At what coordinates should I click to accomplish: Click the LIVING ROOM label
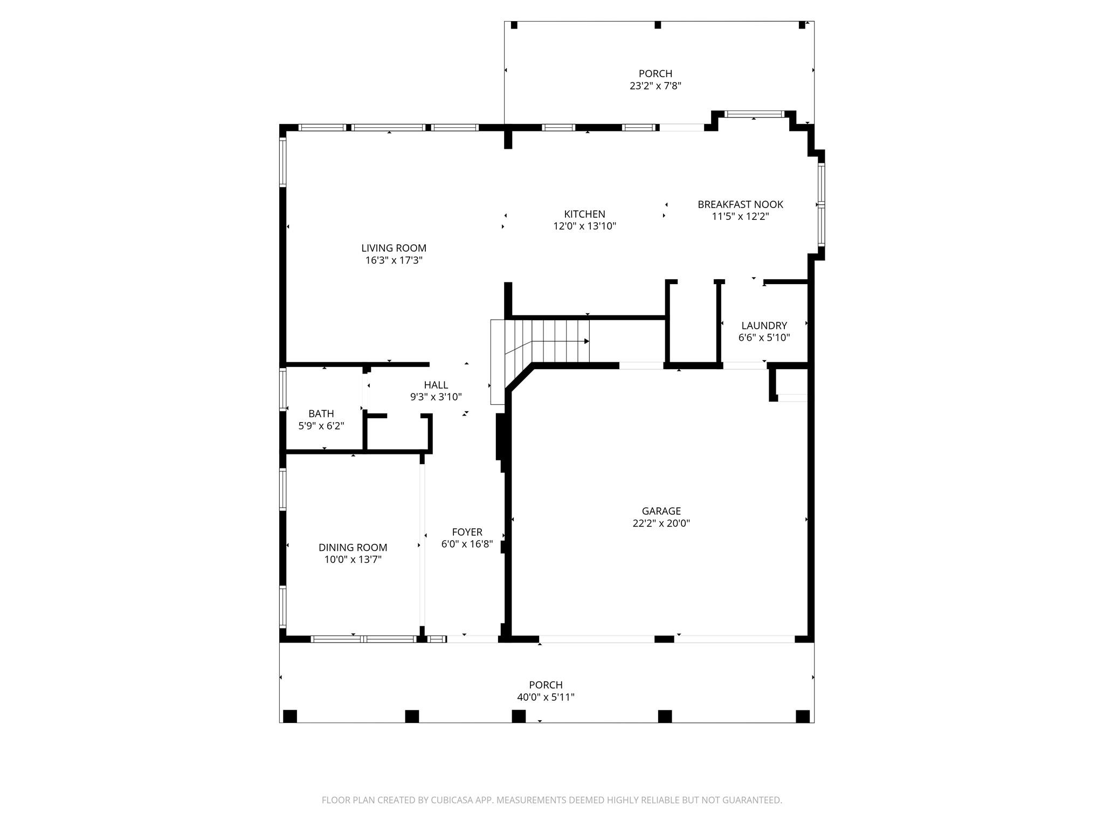[394, 248]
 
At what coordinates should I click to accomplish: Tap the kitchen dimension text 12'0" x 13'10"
[584, 226]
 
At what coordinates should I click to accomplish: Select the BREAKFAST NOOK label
[740, 204]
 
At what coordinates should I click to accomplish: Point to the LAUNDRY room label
[764, 326]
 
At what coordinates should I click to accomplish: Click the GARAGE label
[661, 511]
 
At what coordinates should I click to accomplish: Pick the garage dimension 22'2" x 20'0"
[661, 523]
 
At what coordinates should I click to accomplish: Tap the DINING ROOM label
[353, 548]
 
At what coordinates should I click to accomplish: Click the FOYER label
[467, 532]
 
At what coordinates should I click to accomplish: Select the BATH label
[321, 413]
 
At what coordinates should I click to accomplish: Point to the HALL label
[436, 385]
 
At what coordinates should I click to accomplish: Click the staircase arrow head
[586, 341]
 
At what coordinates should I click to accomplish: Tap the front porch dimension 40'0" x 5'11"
[546, 698]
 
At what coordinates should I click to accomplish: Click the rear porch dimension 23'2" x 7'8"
[655, 86]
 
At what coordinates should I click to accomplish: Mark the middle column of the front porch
[519, 716]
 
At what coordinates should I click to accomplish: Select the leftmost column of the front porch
[290, 716]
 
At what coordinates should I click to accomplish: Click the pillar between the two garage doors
[664, 639]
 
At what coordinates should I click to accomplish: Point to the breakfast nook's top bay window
[754, 114]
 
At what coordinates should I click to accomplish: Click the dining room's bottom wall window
[364, 639]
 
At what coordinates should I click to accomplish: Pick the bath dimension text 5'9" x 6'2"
[321, 426]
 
